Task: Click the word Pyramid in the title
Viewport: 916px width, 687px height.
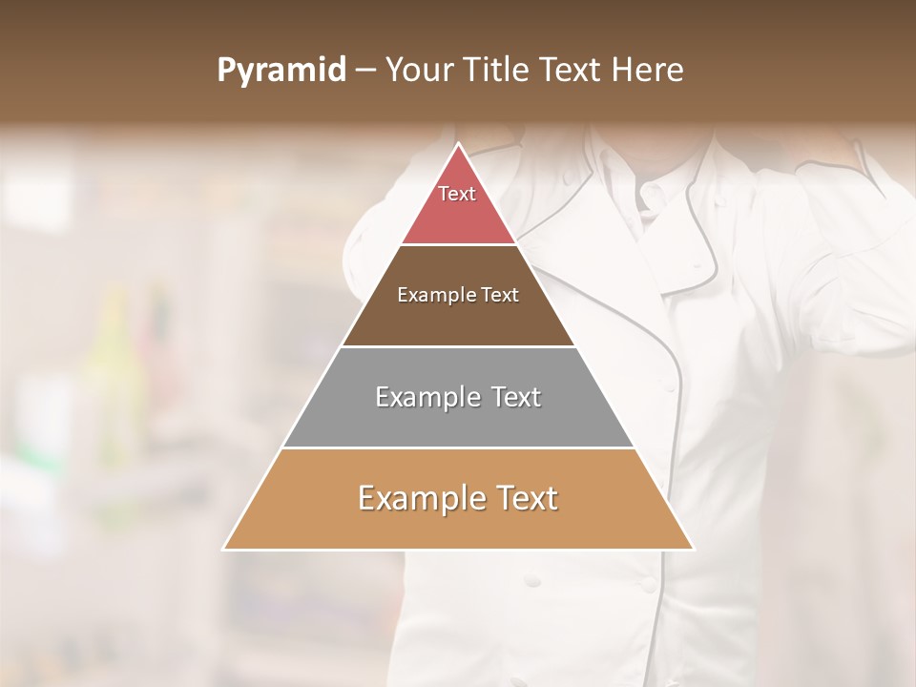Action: tap(281, 70)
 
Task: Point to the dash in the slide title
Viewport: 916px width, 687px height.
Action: tap(364, 71)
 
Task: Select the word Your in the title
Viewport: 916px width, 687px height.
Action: tap(419, 70)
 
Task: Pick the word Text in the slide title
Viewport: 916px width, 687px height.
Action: tap(572, 70)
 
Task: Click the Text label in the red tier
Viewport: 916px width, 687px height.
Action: tap(457, 194)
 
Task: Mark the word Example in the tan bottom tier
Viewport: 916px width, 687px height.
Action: tap(416, 498)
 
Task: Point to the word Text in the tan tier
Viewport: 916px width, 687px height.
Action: tap(526, 498)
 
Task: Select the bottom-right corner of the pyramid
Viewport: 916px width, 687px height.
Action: tap(693, 549)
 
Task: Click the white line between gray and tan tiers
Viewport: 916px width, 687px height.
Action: tap(458, 448)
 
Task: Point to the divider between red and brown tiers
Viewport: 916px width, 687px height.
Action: tap(458, 244)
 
